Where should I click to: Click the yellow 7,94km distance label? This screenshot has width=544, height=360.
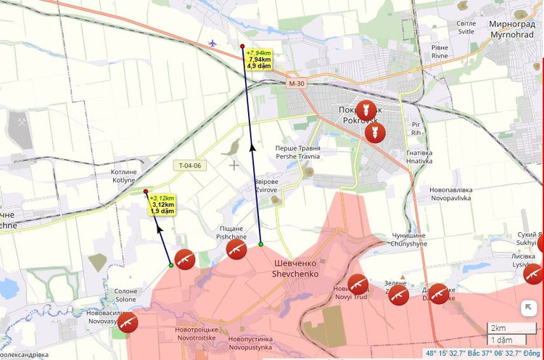click(x=259, y=59)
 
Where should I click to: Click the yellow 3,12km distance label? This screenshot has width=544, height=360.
click(x=162, y=204)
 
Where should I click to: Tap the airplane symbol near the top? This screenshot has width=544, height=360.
click(x=212, y=43)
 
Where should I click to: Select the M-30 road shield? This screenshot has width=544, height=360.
click(x=296, y=84)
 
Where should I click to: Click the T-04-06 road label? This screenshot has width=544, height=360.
click(x=190, y=165)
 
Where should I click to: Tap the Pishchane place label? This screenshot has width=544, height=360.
click(x=231, y=232)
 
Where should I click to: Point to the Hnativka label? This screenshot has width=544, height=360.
click(x=419, y=157)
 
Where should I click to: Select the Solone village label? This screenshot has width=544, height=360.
click(x=125, y=295)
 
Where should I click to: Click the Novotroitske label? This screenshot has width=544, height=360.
click(x=196, y=334)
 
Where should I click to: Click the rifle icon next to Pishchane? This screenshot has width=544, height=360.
click(x=236, y=249)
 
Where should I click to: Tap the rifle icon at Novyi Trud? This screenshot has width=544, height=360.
click(x=358, y=284)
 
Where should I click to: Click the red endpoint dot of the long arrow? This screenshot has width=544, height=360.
click(x=242, y=46)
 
